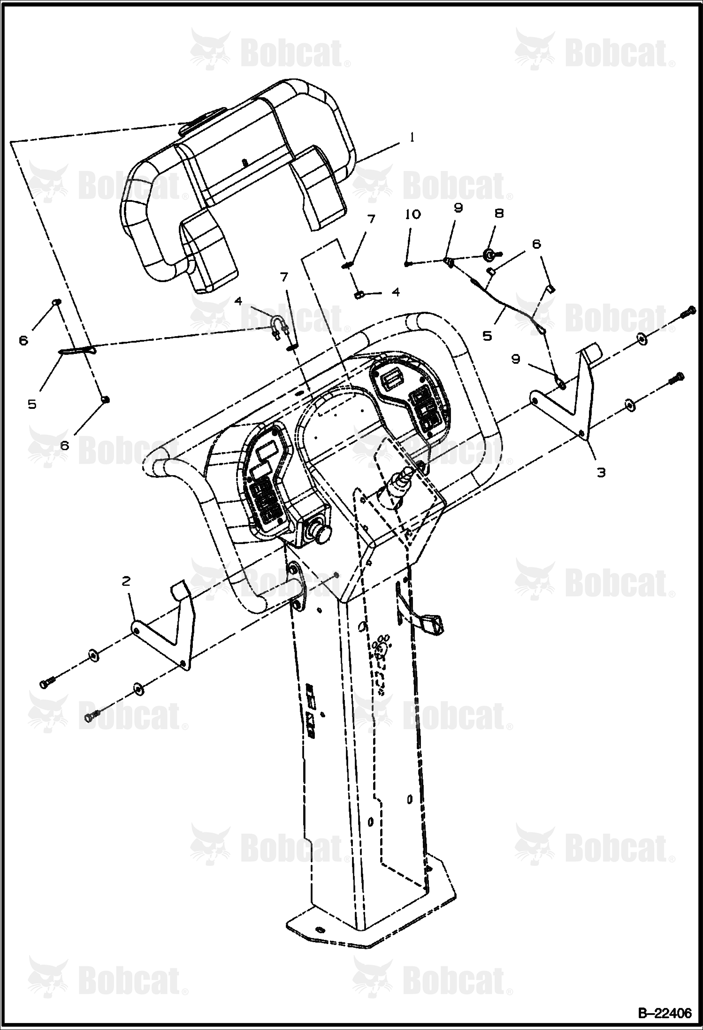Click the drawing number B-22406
pos(664,1014)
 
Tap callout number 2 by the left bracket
pos(126,581)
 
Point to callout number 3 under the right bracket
pos(601,472)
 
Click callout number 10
pos(413,214)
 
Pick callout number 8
pos(499,213)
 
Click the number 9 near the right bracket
pos(516,359)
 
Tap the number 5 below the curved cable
pos(488,336)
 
